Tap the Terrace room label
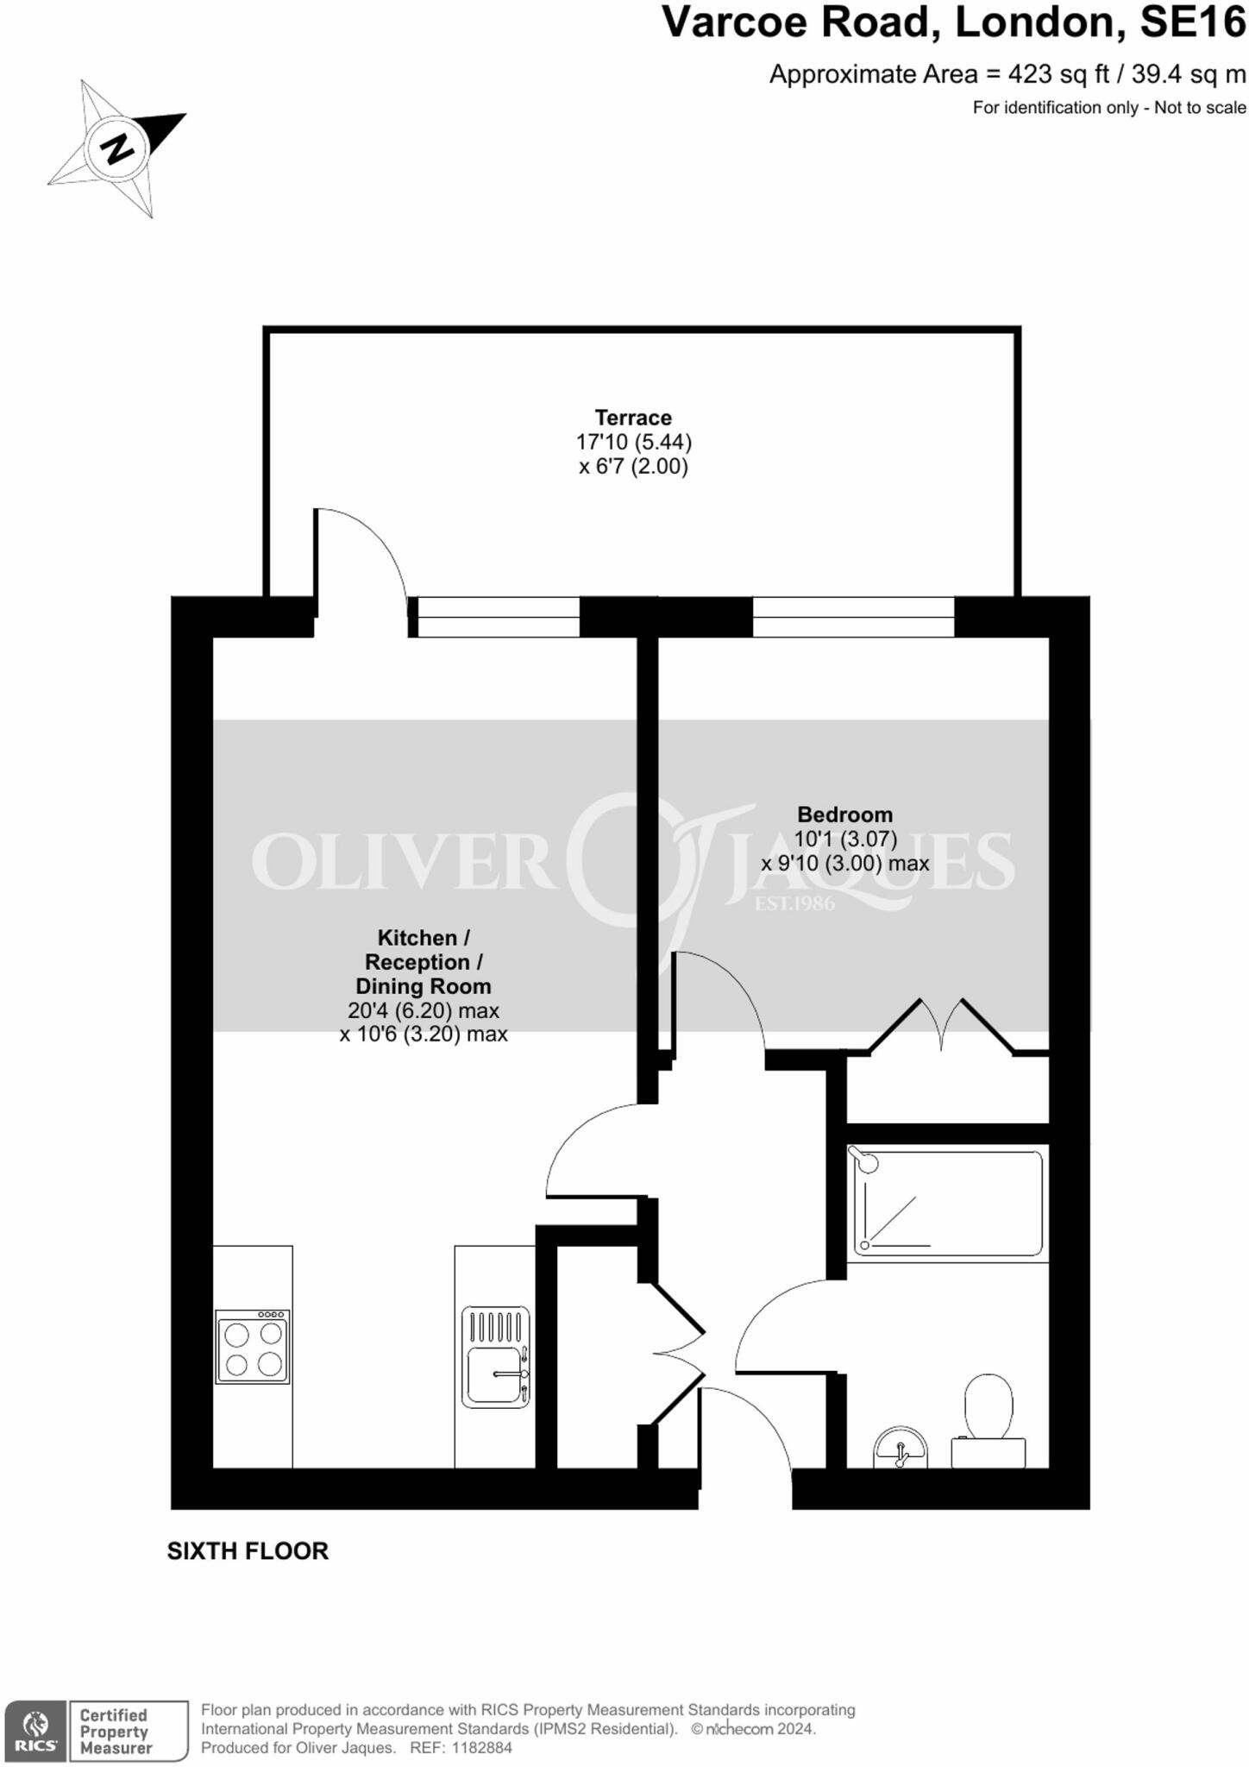pyautogui.click(x=633, y=418)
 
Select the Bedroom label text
pyautogui.click(x=844, y=814)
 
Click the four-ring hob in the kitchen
pyautogui.click(x=253, y=1347)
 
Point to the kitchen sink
pyautogui.click(x=496, y=1357)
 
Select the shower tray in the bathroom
pyautogui.click(x=947, y=1202)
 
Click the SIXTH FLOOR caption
pyautogui.click(x=248, y=1550)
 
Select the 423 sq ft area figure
pyautogui.click(x=1059, y=75)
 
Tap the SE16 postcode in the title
pyautogui.click(x=1192, y=23)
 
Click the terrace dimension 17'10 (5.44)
pyautogui.click(x=633, y=443)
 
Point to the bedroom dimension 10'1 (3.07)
pyautogui.click(x=844, y=839)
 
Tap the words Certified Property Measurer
pyautogui.click(x=115, y=1731)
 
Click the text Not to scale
pyautogui.click(x=1200, y=108)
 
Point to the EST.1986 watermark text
pyautogui.click(x=794, y=904)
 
